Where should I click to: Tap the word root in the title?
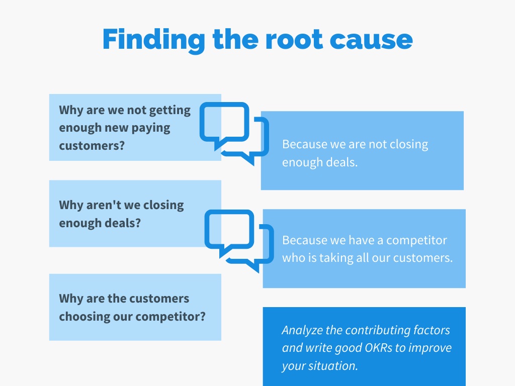(294, 40)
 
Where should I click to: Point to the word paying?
(151, 128)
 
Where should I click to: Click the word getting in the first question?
(170, 111)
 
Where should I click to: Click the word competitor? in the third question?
(170, 317)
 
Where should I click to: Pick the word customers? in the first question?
(92, 146)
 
